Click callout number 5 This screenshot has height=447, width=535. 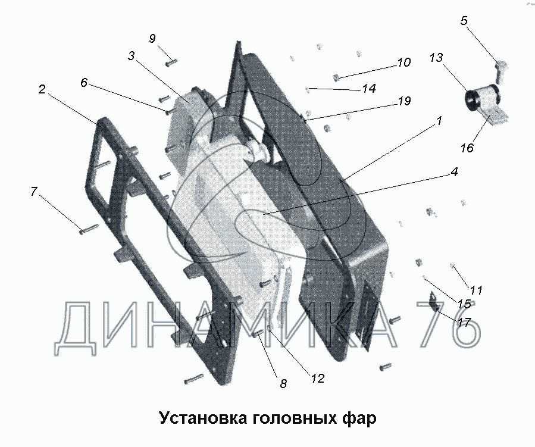[464, 21]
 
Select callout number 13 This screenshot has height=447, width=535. [436, 58]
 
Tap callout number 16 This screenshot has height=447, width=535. [467, 148]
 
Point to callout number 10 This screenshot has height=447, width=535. [403, 62]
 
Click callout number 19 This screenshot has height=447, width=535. [404, 101]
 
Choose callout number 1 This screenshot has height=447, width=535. [439, 121]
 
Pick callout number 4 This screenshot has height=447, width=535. [453, 173]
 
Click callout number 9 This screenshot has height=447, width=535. [152, 39]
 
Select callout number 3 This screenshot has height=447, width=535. [132, 57]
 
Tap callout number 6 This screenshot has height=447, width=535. [84, 83]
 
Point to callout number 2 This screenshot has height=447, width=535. [42, 90]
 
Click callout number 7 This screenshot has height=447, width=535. [34, 192]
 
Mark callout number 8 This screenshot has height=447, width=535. [283, 384]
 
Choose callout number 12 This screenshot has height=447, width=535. [317, 378]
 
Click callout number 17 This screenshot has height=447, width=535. [464, 321]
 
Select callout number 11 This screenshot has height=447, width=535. [475, 290]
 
